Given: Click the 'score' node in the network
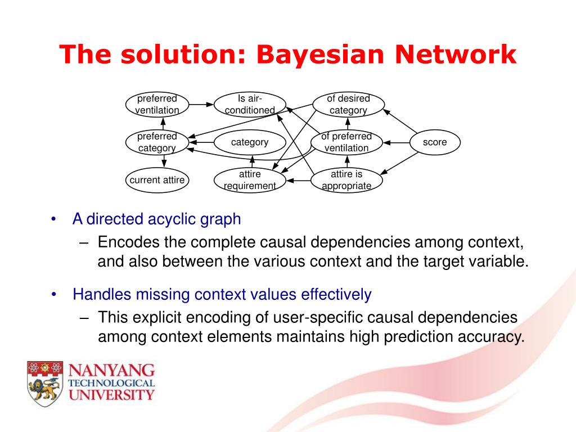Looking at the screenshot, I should click(435, 142).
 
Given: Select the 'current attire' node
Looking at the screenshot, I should click(157, 180).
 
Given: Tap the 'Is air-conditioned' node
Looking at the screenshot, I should click(250, 105).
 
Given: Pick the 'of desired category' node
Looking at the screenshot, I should click(348, 105).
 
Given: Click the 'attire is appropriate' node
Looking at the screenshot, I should click(346, 180).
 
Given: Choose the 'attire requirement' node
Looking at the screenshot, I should click(250, 180).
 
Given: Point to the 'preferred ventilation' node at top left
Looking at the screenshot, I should click(157, 105).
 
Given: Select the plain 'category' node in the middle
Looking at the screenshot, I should click(250, 142).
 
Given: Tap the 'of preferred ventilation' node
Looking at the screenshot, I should click(346, 142).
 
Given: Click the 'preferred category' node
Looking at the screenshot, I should click(157, 142).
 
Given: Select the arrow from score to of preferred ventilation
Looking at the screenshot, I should click(396, 142).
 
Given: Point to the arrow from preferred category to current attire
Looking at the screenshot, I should click(164, 161).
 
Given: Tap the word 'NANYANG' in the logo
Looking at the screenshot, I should click(111, 370).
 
